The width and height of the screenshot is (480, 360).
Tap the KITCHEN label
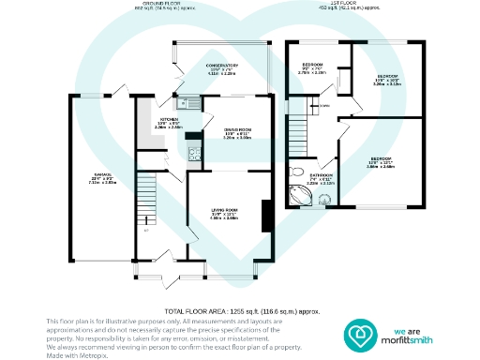coord(169,120)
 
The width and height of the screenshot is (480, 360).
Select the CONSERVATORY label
coord(222,66)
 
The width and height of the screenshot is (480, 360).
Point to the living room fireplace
coord(268,215)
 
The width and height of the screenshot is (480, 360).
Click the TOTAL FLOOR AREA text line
coord(243,310)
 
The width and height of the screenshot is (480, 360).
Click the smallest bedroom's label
coord(313,69)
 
